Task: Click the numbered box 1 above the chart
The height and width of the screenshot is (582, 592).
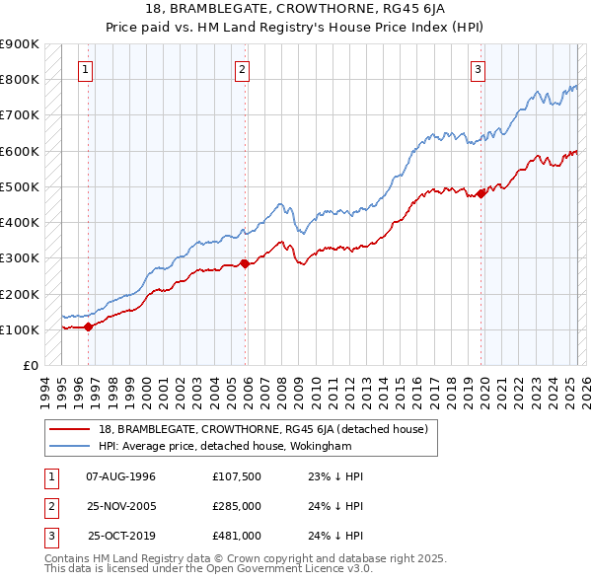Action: click(87, 69)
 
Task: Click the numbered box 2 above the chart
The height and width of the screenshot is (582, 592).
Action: click(243, 69)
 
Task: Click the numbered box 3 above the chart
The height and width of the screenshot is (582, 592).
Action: click(478, 69)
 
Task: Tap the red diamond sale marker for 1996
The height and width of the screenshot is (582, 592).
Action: click(88, 326)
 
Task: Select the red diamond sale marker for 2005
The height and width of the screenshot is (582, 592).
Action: click(245, 263)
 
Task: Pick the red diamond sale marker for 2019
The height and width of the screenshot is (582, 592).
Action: click(481, 193)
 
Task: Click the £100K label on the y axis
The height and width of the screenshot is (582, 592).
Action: click(19, 329)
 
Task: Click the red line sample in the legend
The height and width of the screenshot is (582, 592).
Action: click(71, 429)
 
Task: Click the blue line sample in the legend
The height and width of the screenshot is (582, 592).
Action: click(71, 446)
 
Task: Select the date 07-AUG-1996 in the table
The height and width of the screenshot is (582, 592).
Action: click(121, 475)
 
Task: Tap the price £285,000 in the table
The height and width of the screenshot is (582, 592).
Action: click(236, 506)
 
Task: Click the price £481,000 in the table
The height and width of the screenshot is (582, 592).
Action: click(236, 536)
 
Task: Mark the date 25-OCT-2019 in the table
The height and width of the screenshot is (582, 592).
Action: click(121, 536)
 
